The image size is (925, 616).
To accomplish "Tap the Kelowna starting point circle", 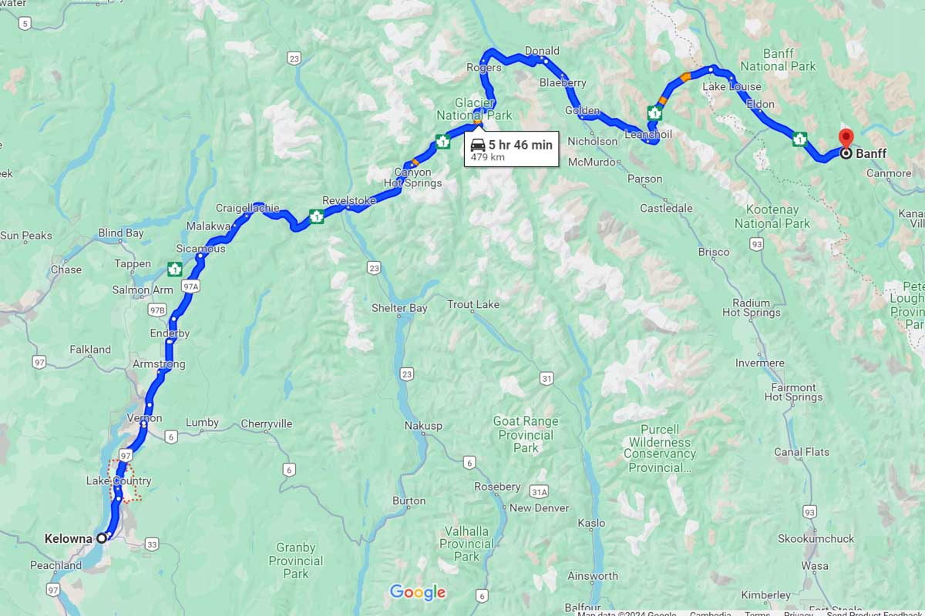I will coord(101,538).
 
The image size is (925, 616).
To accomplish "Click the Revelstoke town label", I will coord(348,200).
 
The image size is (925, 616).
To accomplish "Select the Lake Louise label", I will coord(732,87).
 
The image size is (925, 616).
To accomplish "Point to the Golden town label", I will coord(582,111).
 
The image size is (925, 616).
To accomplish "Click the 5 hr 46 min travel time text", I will coord(520,145).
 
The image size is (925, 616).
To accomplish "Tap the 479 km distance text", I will coord(487,158).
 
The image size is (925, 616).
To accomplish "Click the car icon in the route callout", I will coord(478,145).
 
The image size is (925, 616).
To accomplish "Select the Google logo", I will coord(418,592).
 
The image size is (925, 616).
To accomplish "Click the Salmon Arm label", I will coord(143,290).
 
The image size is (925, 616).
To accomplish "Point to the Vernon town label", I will coord(144,418).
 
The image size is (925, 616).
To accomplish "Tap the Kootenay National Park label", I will coord(772,216).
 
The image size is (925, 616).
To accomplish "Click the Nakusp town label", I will coord(423,426).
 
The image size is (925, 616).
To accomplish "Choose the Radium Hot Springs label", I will coord(751,308).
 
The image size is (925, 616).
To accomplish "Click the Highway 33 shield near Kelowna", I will coord(151,544).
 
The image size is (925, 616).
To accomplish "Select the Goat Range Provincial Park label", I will coord(526,434).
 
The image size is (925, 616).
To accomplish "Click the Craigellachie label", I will coord(247,208).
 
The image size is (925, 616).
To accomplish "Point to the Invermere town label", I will coord(760,363).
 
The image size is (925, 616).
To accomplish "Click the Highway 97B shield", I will coord(157,310).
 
